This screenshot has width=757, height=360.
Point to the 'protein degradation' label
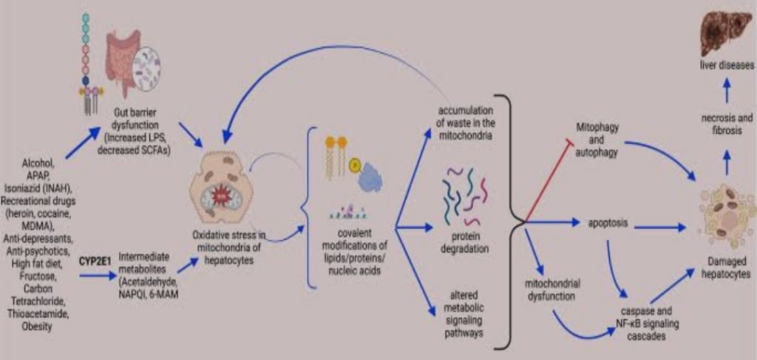point(464,243)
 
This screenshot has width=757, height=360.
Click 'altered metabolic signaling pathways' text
point(464,313)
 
